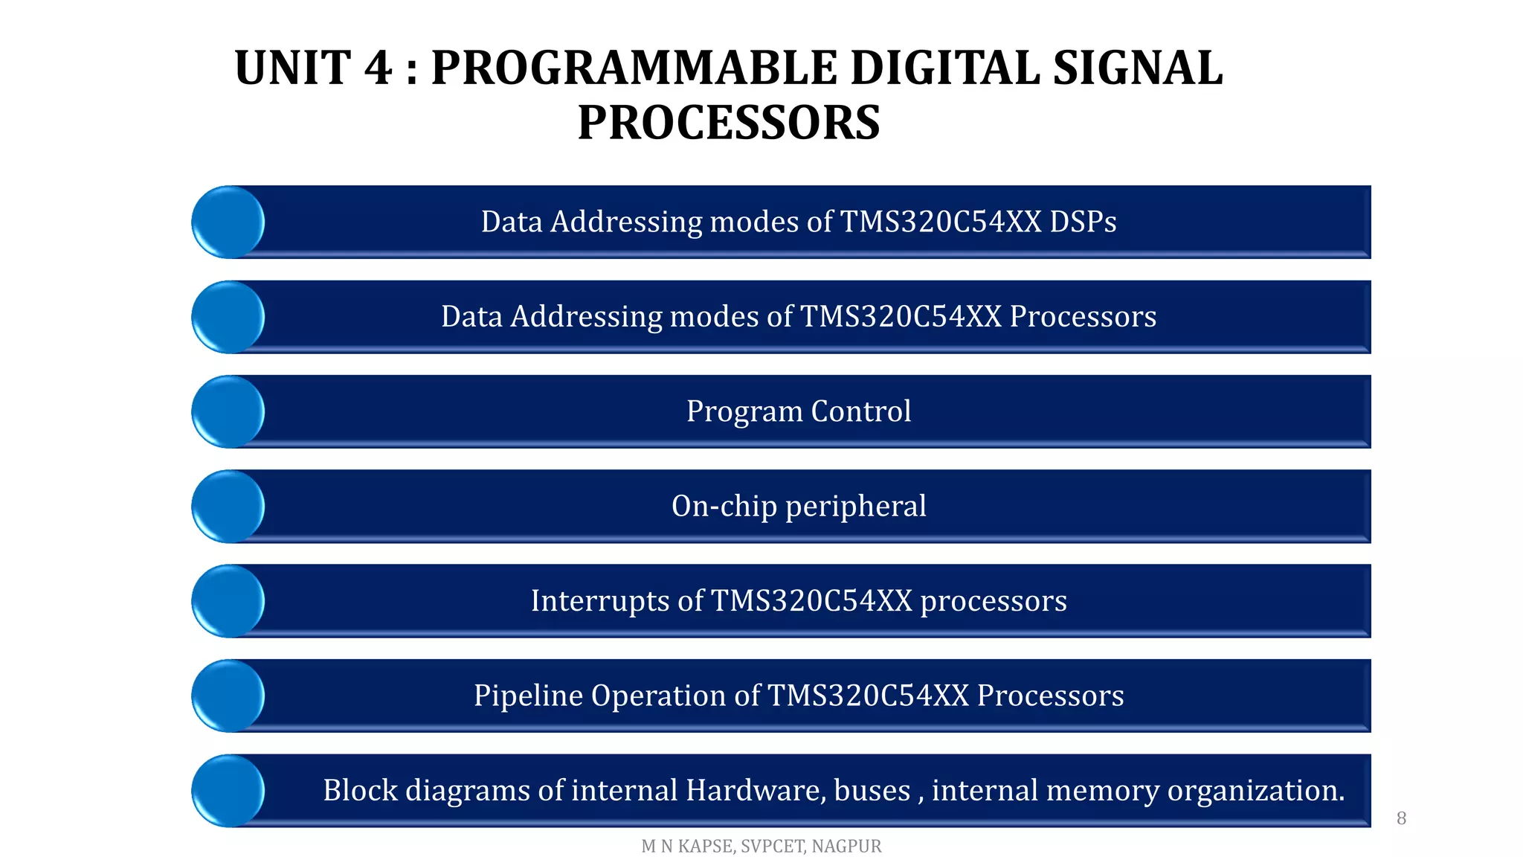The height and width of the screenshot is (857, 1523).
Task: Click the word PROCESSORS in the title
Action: click(729, 123)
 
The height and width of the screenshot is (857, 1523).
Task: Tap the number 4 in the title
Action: click(378, 68)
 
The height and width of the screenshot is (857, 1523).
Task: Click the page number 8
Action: click(1401, 818)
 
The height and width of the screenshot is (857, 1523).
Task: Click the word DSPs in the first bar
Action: click(1083, 222)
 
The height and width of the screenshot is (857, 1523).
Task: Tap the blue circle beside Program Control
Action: click(228, 411)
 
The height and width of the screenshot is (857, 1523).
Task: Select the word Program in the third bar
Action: click(744, 411)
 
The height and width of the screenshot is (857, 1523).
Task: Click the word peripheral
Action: click(855, 507)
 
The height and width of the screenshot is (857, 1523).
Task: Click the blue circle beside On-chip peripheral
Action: click(228, 506)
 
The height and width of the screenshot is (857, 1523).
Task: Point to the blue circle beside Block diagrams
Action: click(228, 791)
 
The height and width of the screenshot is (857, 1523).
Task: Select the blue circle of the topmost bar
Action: click(228, 222)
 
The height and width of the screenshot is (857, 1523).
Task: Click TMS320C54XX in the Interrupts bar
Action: click(811, 600)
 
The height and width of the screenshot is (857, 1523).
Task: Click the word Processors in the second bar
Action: click(1083, 317)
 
